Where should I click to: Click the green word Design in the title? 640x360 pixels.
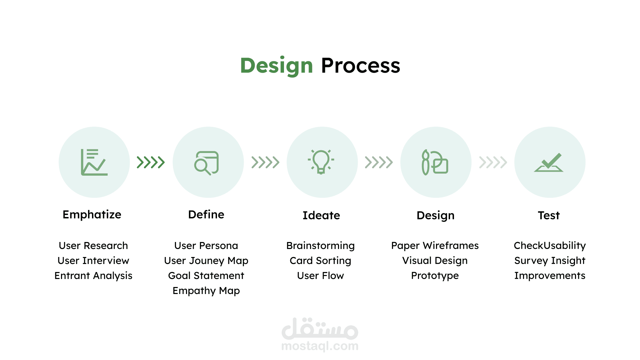point(276,66)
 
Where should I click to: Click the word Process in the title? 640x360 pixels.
point(360,65)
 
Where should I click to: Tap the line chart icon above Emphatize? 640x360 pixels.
point(94,162)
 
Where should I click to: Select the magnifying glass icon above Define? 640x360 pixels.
point(207,163)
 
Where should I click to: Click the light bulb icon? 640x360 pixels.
point(321,162)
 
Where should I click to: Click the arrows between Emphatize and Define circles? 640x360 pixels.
point(151,162)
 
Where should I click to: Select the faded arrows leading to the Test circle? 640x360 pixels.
point(493,162)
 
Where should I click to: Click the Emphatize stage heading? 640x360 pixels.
point(92,215)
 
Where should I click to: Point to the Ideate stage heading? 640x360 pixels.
point(321,215)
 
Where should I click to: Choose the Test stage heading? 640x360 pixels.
point(549,215)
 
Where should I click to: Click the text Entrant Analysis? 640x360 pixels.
point(93,276)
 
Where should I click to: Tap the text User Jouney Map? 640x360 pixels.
point(206,261)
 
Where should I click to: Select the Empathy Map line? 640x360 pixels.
point(206,291)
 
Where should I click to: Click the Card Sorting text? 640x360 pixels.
point(320,261)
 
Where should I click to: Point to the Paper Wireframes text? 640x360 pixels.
point(435,246)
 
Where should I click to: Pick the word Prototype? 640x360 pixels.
point(435,276)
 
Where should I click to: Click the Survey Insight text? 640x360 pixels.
point(550,261)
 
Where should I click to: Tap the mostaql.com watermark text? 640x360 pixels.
point(320,346)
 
